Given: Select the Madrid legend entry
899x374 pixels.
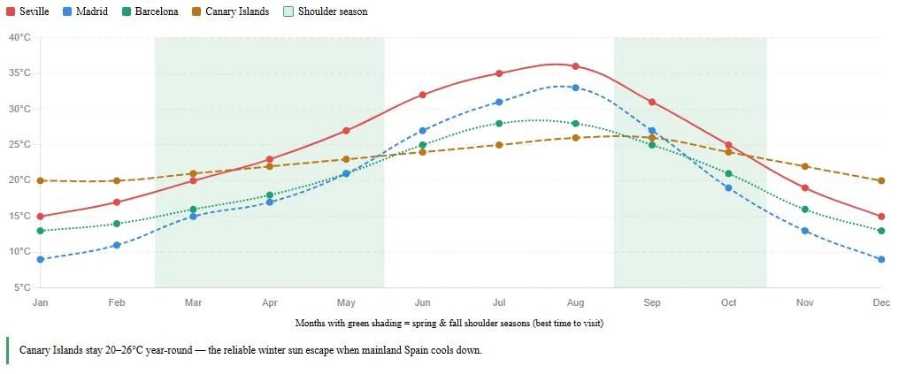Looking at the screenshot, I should click(x=86, y=11).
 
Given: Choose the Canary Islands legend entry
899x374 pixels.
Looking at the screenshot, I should click(x=231, y=11).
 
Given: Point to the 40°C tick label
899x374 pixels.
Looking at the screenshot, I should click(x=19, y=37).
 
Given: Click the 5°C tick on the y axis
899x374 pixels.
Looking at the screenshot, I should click(x=22, y=287).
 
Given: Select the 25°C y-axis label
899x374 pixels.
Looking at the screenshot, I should click(x=19, y=144).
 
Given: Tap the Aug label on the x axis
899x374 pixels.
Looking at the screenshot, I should click(x=575, y=302).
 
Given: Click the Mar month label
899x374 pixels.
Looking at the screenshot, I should click(x=193, y=302).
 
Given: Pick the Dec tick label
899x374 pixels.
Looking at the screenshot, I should click(x=881, y=302).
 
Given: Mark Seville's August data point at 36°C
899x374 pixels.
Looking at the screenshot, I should click(x=575, y=66).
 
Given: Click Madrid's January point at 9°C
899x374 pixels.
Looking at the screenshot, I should click(x=40, y=259).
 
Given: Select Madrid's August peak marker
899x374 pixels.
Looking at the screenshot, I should click(x=575, y=88).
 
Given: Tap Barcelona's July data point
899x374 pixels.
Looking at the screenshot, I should click(x=499, y=124).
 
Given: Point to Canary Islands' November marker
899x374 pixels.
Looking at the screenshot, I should click(x=805, y=166).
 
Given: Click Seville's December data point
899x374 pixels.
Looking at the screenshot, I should click(x=881, y=217).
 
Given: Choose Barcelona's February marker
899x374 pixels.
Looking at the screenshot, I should click(x=117, y=224).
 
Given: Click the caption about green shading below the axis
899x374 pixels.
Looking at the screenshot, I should click(x=452, y=324).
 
